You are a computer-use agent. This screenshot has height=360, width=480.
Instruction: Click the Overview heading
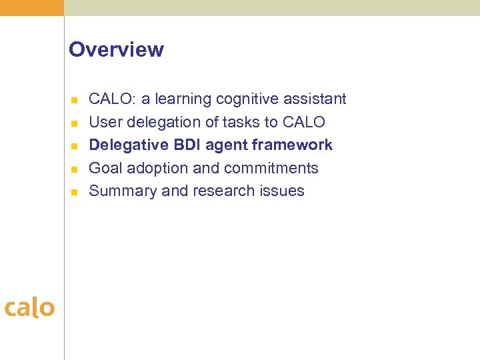[x=116, y=50]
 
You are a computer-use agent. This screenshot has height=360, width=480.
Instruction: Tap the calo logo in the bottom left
[x=29, y=307]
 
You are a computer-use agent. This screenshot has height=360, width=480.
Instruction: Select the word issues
[x=283, y=191]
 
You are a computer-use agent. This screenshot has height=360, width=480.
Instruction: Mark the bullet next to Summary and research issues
[x=75, y=192]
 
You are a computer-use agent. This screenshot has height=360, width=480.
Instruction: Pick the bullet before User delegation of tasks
[x=75, y=123]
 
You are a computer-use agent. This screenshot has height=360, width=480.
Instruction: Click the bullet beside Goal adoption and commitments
[x=75, y=169]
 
